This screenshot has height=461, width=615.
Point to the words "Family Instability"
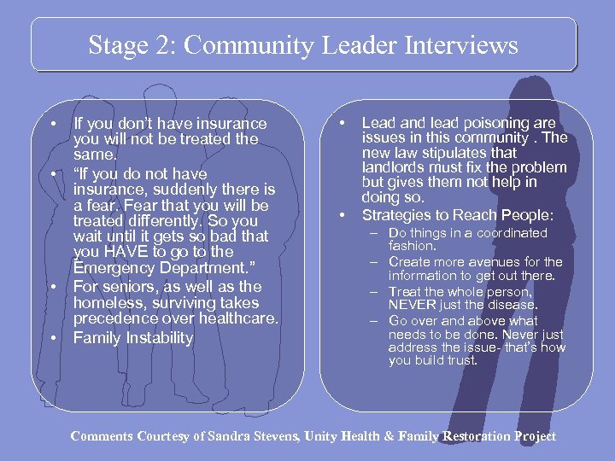[133, 338]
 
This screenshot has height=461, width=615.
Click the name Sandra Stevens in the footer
[251, 436]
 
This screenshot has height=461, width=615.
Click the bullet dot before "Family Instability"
[54, 338]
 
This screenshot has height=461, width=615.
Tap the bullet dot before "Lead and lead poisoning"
[343, 124]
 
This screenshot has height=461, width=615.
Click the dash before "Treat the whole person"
[374, 292]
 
